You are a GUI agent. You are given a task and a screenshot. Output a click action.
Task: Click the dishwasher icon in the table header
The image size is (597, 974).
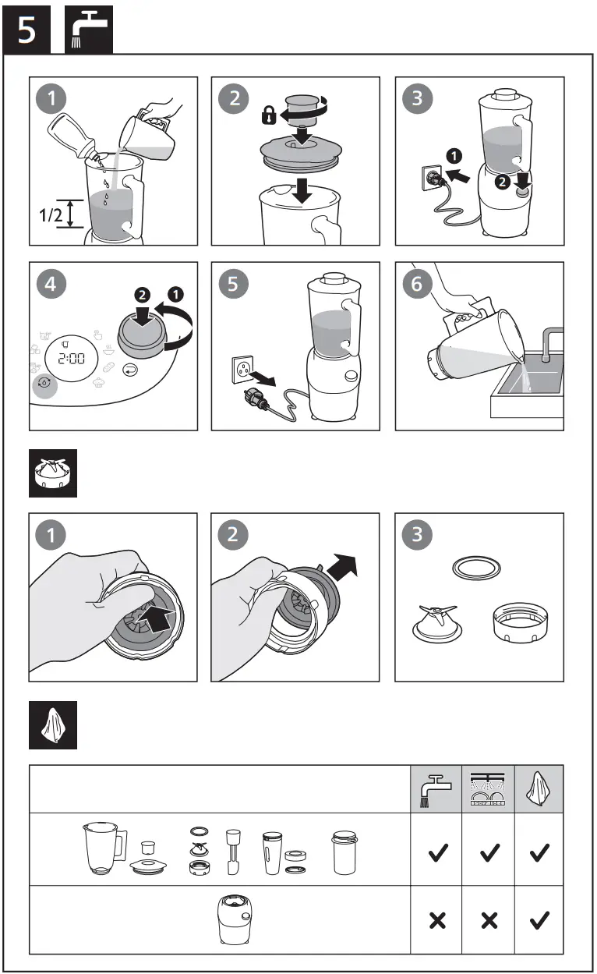pos(489,788)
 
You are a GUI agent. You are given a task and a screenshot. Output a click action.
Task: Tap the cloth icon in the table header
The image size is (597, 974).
pos(539,788)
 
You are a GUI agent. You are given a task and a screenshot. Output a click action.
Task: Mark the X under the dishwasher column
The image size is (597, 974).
pos(489,920)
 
